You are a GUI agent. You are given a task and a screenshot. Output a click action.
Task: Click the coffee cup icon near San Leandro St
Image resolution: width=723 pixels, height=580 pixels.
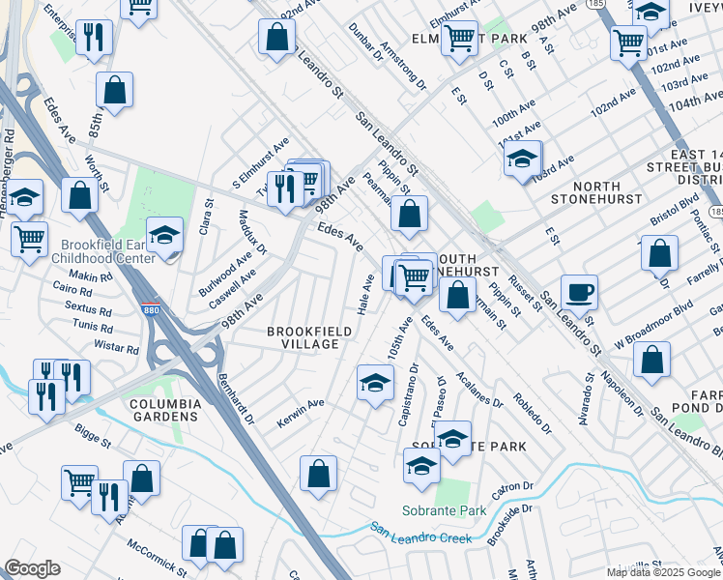pos(579,291)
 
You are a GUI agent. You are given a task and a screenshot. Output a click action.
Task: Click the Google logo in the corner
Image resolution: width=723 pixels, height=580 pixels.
pos(32,568)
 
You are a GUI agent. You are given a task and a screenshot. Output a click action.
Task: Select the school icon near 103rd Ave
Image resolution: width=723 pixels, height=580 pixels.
pos(523,158)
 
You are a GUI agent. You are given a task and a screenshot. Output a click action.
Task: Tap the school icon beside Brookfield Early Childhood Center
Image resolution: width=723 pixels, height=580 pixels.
pos(164,236)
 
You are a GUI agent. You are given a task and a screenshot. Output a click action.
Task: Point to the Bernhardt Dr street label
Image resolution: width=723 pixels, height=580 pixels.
pos(236,399)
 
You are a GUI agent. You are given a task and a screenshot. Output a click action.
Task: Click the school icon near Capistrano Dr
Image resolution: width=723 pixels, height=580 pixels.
pos(375,383)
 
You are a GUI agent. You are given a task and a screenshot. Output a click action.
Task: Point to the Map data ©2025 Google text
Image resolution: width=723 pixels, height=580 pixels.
pos(664,572)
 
